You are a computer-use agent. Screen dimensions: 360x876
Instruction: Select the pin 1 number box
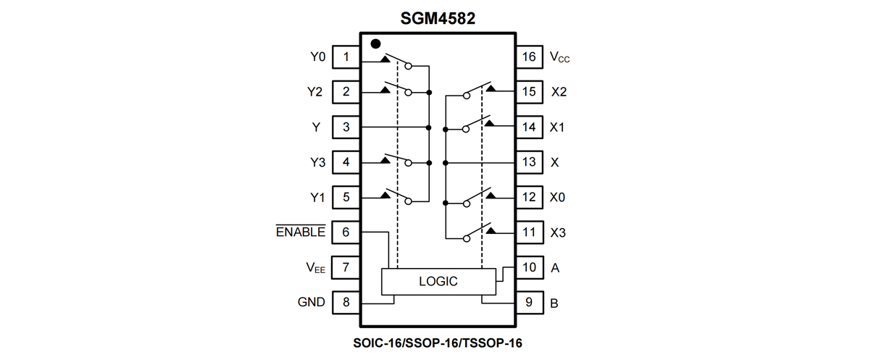click(x=346, y=56)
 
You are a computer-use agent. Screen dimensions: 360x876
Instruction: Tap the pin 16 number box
click(x=529, y=56)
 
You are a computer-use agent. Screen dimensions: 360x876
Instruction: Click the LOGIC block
click(x=438, y=281)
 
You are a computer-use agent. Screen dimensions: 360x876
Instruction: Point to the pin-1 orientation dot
click(x=375, y=43)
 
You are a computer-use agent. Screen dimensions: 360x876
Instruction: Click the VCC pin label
click(x=559, y=57)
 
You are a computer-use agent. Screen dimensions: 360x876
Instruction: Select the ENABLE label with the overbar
click(x=301, y=232)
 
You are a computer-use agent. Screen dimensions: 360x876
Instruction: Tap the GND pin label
click(x=311, y=303)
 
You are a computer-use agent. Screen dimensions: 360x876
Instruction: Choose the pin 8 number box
click(x=346, y=302)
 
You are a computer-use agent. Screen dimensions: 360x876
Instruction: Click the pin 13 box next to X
click(x=529, y=162)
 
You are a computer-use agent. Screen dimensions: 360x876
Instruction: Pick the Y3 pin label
click(x=316, y=162)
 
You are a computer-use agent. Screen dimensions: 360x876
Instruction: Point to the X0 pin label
click(x=558, y=197)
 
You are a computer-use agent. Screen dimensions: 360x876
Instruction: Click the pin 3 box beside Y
click(x=346, y=127)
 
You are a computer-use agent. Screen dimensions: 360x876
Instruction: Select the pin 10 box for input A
click(x=529, y=267)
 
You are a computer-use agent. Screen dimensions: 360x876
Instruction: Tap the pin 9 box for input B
click(x=529, y=302)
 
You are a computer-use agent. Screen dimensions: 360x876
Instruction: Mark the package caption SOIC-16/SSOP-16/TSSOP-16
click(x=438, y=341)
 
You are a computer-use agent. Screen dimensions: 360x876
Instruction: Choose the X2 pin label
click(x=559, y=92)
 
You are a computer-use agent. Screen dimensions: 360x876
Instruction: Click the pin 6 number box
click(x=346, y=233)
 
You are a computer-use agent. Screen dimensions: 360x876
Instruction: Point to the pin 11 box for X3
click(x=529, y=233)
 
